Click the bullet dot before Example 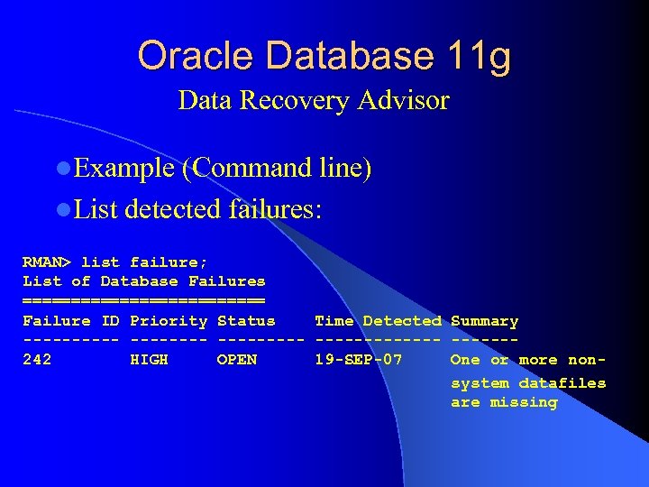[x=62, y=170]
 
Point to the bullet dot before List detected [x=62, y=210]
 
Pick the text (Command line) [x=276, y=169]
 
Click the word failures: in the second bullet [x=276, y=209]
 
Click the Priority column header [x=169, y=321]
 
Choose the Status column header [x=246, y=321]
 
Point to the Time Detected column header [x=378, y=321]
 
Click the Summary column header [x=484, y=321]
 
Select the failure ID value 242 [x=37, y=360]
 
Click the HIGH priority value [x=149, y=360]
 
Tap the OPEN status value [x=236, y=360]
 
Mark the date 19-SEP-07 [x=358, y=360]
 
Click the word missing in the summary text [x=523, y=402]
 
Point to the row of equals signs [x=143, y=301]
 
